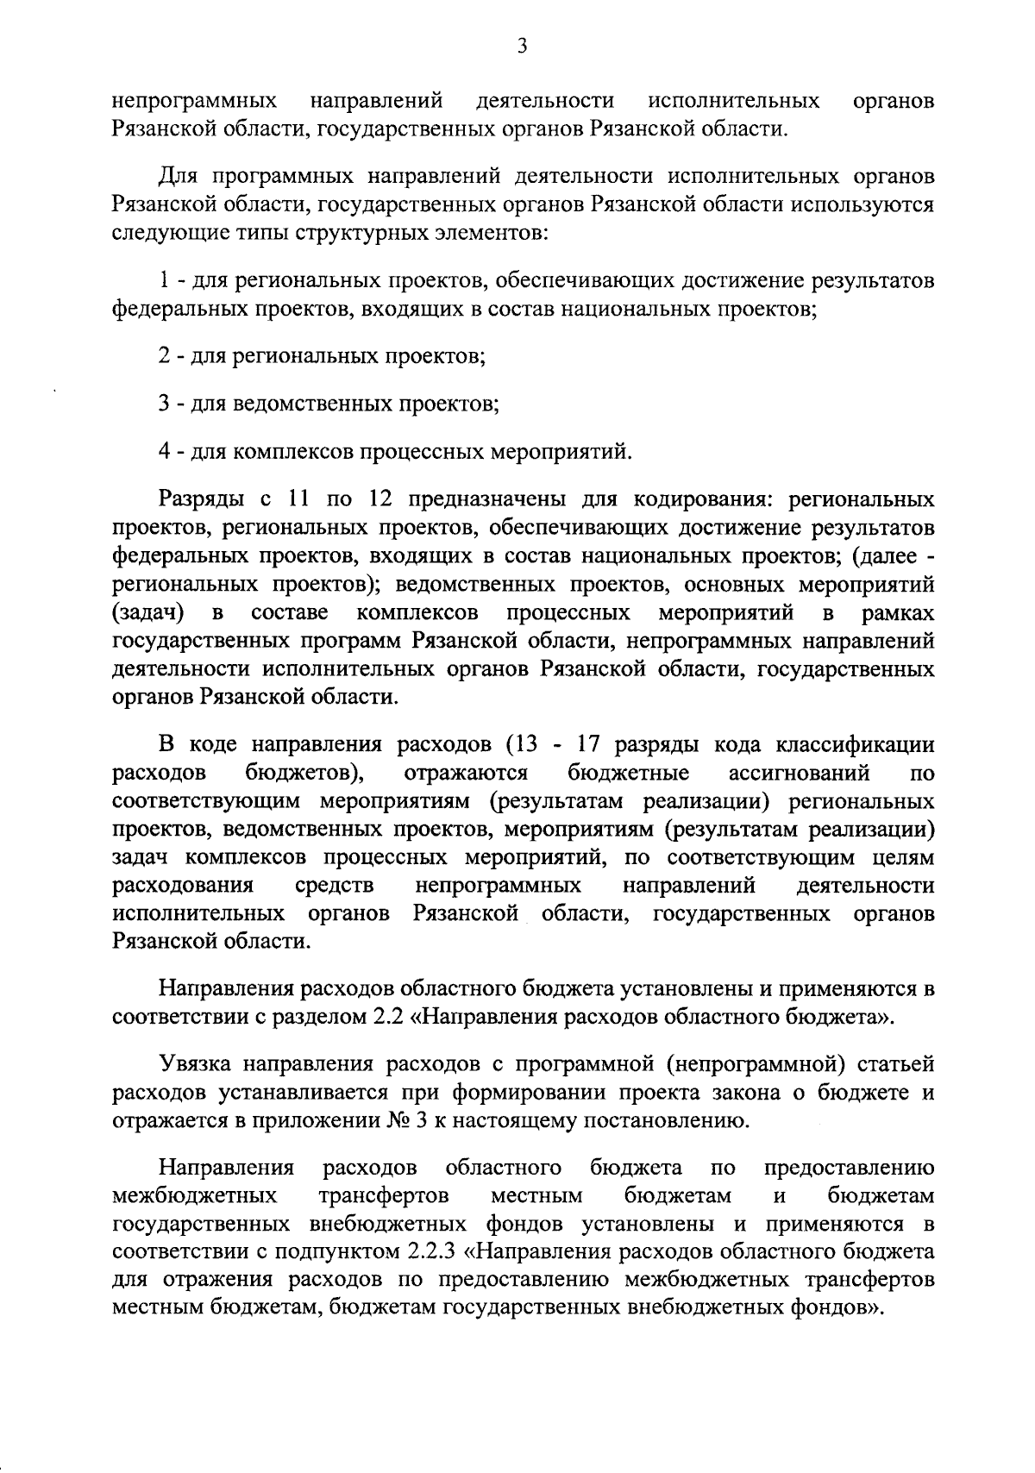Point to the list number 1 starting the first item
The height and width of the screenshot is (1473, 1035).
click(x=164, y=281)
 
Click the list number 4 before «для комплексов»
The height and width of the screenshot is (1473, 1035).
click(x=165, y=450)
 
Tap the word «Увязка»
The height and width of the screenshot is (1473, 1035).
click(x=195, y=1065)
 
